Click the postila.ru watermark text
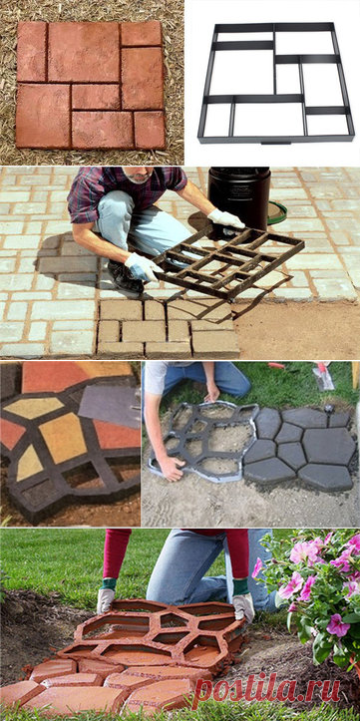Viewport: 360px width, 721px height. coord(267,691)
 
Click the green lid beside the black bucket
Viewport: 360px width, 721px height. coord(277,212)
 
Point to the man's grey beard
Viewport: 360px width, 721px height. coord(139,177)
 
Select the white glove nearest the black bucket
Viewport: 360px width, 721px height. coord(225,218)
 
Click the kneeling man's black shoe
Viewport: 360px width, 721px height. coord(123,277)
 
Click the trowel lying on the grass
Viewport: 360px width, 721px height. coord(323,376)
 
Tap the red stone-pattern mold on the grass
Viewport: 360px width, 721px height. coord(154,631)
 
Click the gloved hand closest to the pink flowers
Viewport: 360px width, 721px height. coord(243,605)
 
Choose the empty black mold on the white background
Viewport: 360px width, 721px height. coord(275,83)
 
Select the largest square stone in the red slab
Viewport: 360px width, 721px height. coord(84,52)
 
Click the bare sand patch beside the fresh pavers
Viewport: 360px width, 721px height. coord(295,330)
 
